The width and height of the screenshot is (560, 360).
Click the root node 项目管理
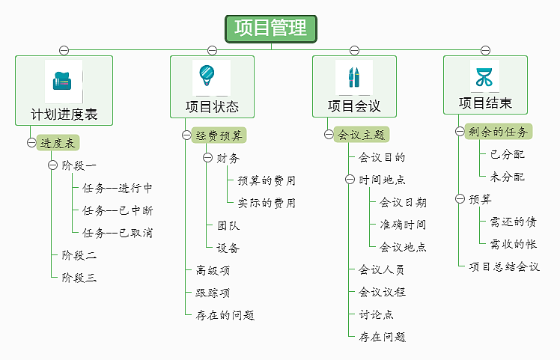(271, 28)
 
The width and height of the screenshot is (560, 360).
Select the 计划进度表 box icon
(63, 81)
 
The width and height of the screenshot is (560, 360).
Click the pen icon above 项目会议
(353, 77)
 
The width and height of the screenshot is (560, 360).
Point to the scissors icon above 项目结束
(484, 76)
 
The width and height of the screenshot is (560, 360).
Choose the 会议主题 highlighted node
(361, 135)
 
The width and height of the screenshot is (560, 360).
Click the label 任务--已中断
(118, 210)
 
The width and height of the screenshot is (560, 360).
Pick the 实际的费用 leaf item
(267, 203)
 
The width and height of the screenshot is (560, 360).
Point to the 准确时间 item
(403, 225)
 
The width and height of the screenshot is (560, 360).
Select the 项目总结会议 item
(504, 266)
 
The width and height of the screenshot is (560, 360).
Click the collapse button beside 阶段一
(52, 165)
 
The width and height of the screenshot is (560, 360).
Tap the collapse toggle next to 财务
(207, 158)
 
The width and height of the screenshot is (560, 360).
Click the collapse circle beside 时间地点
(350, 180)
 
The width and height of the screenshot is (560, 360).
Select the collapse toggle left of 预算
(460, 199)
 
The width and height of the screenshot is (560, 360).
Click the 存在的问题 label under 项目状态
(225, 315)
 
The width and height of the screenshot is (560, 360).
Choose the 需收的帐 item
(513, 244)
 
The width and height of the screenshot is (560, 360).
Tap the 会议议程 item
(382, 292)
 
